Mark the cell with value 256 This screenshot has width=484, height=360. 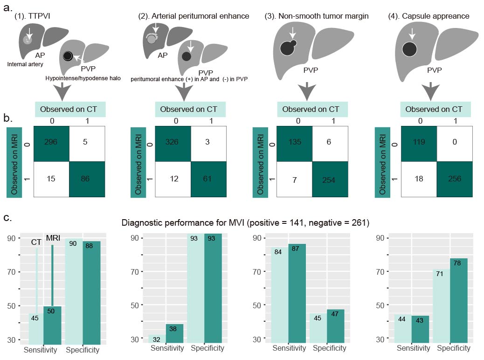[455, 179]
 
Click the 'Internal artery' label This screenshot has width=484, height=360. [26, 64]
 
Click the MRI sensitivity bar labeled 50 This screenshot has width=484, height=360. [52, 325]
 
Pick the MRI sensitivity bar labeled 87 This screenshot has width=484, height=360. [297, 294]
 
